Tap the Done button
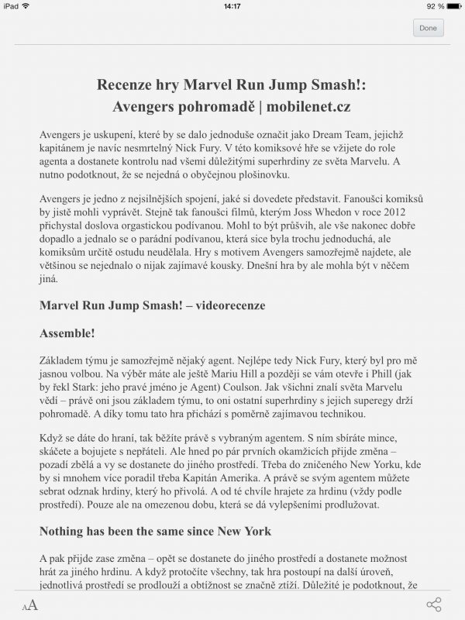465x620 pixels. click(x=428, y=28)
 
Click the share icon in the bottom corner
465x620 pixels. click(x=434, y=604)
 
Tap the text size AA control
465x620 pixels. click(x=29, y=605)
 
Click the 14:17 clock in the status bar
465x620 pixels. click(x=232, y=5)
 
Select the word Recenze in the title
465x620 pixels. click(x=126, y=84)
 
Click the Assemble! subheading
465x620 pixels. click(x=67, y=333)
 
